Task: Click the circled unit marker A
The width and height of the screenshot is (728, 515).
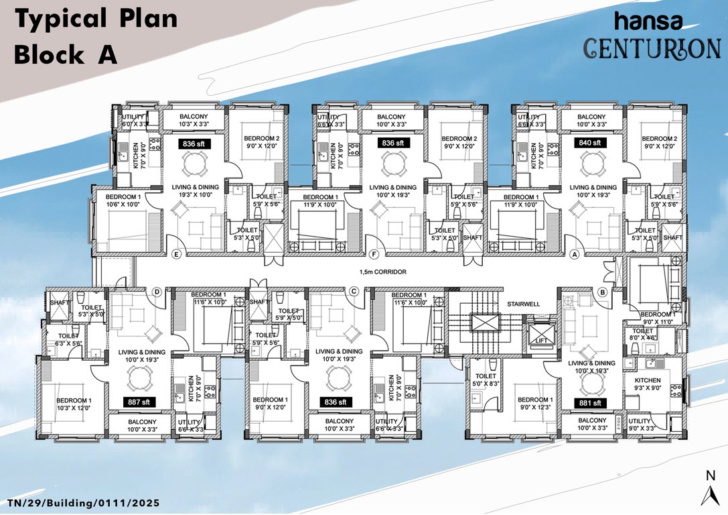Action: tap(574, 255)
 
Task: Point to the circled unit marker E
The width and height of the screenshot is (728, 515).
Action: tap(177, 255)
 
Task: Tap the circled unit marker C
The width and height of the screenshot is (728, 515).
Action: tap(353, 291)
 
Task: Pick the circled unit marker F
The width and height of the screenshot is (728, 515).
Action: tap(374, 255)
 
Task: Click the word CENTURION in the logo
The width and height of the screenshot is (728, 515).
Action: tap(650, 48)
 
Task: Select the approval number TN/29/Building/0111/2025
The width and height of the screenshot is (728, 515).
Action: tap(84, 502)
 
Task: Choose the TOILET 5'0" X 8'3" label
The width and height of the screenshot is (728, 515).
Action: tap(486, 380)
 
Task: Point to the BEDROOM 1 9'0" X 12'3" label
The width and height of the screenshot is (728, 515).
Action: tap(536, 402)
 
